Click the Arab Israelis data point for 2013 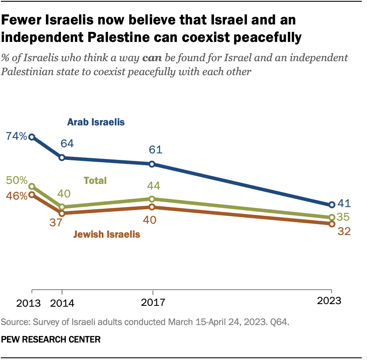point(31,137)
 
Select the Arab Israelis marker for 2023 point(332,204)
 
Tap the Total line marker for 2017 point(152,199)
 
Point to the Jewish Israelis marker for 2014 point(62,213)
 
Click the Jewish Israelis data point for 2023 point(332,224)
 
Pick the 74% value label point(16,136)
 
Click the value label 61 point(155,150)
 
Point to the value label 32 point(344,231)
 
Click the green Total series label point(95,180)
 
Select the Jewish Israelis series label point(106,234)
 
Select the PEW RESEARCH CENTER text point(51,339)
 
